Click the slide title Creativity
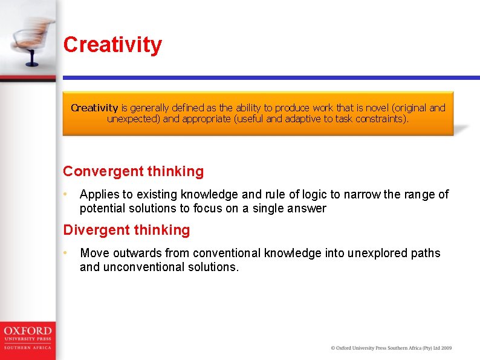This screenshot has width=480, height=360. point(112,45)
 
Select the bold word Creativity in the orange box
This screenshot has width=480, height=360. point(94,108)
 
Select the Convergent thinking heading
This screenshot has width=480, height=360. point(133,171)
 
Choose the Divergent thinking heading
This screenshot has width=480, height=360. point(126,230)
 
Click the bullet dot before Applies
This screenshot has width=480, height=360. point(65,194)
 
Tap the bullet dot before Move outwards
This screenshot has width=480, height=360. point(65,253)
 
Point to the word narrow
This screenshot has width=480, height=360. point(364,194)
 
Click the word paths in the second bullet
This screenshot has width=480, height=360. point(426,253)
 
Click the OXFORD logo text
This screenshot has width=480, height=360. point(28,332)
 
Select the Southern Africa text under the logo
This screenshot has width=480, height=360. point(28,347)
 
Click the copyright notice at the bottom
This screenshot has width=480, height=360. point(391,348)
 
